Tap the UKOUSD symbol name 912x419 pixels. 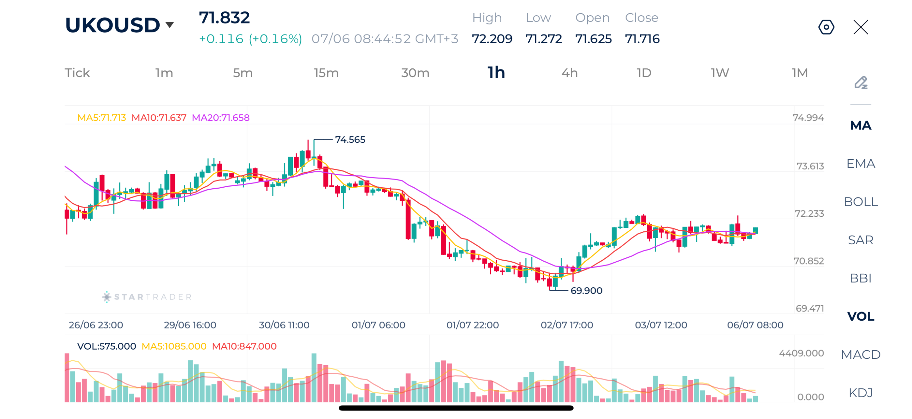click(x=112, y=25)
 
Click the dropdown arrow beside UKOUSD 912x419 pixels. click(x=170, y=25)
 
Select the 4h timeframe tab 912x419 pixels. click(x=569, y=73)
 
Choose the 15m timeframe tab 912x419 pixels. click(x=326, y=73)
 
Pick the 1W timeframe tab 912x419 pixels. click(x=720, y=73)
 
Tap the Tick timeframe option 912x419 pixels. click(x=77, y=73)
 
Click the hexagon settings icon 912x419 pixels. click(x=826, y=27)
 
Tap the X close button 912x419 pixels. click(x=860, y=27)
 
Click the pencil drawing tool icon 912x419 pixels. click(x=860, y=83)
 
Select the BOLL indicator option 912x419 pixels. click(x=860, y=202)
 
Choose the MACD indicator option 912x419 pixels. click(x=860, y=355)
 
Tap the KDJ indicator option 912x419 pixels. click(x=860, y=393)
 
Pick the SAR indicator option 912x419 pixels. click(x=860, y=240)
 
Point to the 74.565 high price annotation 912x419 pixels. click(x=350, y=140)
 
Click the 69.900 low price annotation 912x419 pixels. click(x=586, y=290)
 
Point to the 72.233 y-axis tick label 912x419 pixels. click(x=809, y=214)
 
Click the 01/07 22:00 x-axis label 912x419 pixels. click(x=472, y=325)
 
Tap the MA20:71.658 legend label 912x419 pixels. click(x=221, y=117)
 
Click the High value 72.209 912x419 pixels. click(x=492, y=38)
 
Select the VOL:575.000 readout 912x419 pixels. click(x=107, y=346)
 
